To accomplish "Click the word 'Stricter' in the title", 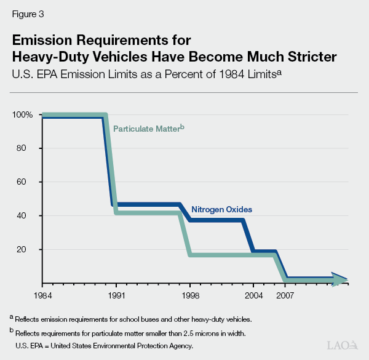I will click(x=305, y=57).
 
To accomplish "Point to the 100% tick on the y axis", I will click(x=23, y=115).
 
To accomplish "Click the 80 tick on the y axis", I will click(x=28, y=148).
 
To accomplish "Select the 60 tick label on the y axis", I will click(x=28, y=182).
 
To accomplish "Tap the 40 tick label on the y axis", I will click(x=28, y=216).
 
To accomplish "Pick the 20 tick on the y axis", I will click(x=28, y=250).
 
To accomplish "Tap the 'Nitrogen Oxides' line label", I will click(x=221, y=209).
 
